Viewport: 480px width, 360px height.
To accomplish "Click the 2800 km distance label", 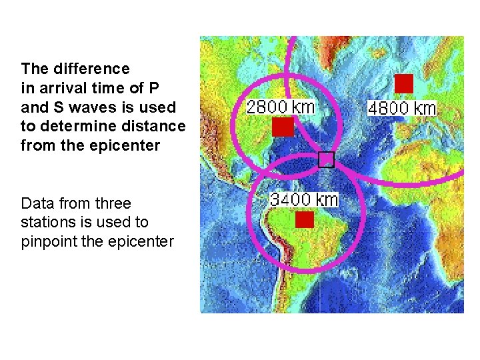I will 280,107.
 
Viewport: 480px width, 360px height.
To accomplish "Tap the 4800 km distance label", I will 402,108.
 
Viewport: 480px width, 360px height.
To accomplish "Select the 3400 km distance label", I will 304,199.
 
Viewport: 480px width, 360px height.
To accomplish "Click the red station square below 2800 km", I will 283,127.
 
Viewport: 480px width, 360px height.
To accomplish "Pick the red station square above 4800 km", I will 404,83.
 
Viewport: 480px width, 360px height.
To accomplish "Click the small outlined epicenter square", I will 325,159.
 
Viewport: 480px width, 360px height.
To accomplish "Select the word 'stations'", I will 48,222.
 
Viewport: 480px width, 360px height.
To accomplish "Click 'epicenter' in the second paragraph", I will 140,241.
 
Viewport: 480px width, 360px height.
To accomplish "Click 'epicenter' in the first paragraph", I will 126,145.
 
